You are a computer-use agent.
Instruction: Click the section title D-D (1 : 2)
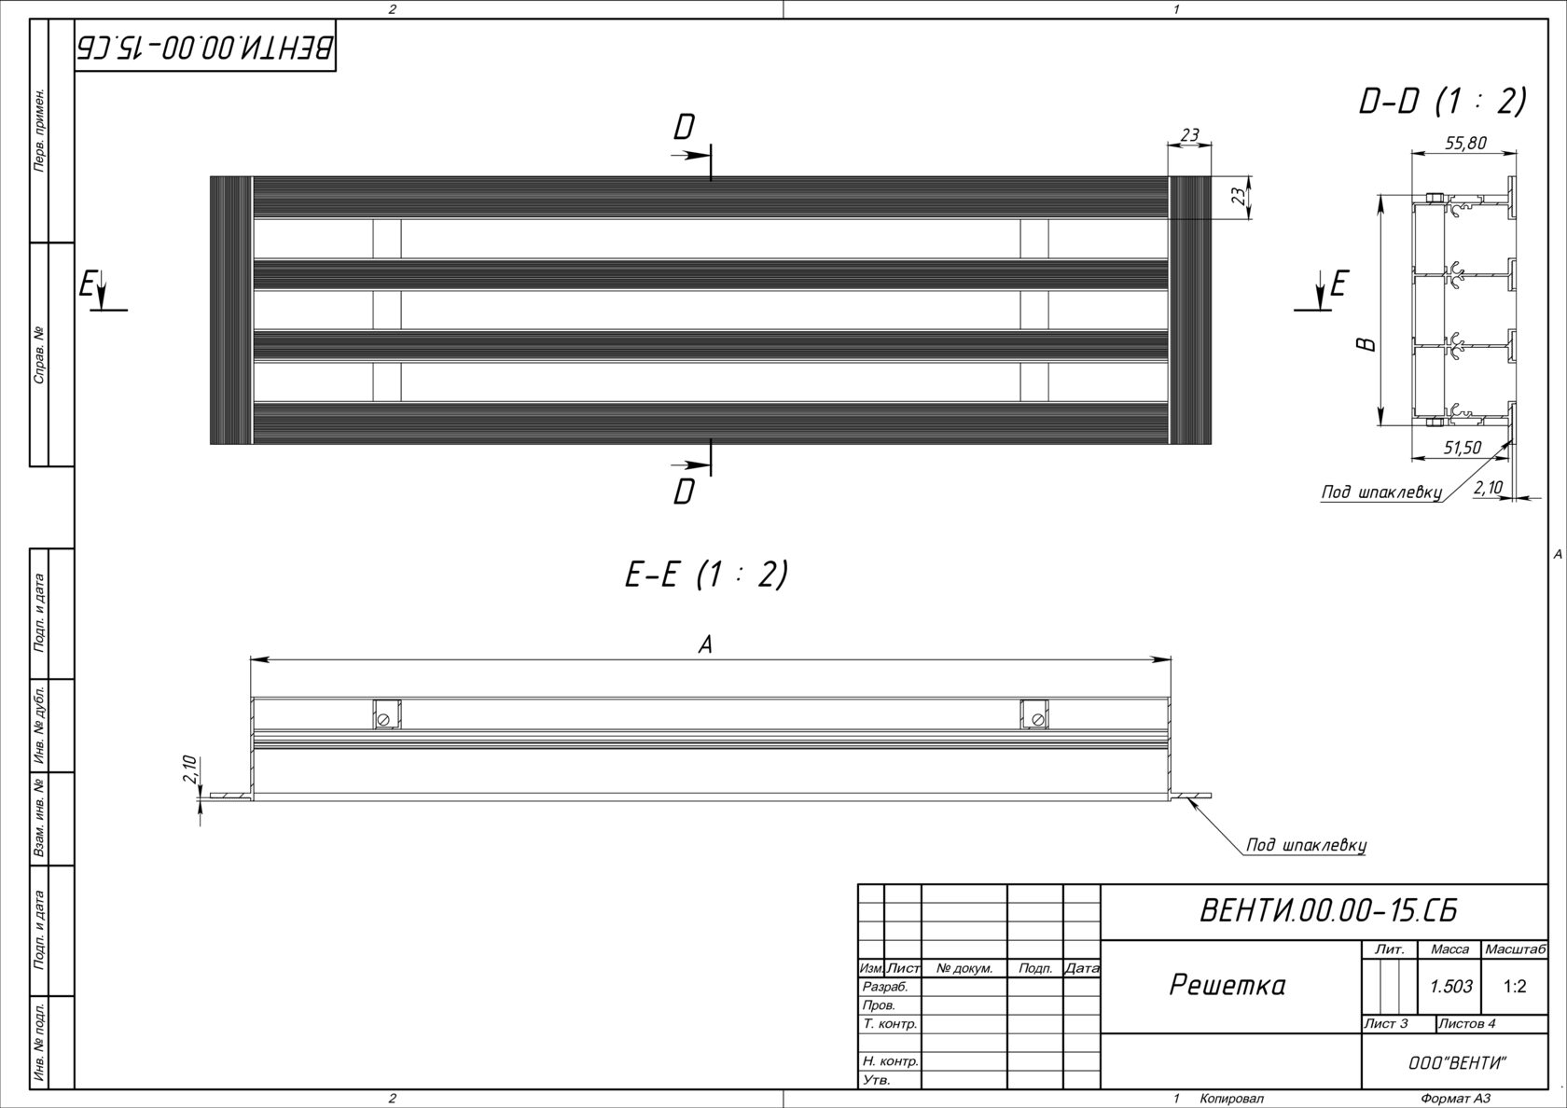pyautogui.click(x=1442, y=102)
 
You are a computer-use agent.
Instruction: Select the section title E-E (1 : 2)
pyautogui.click(x=706, y=575)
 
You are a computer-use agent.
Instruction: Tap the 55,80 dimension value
pyautogui.click(x=1465, y=143)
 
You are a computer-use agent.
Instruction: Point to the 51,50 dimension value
pyautogui.click(x=1462, y=448)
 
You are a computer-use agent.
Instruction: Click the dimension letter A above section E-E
pyautogui.click(x=706, y=644)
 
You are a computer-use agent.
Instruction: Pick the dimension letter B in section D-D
pyautogui.click(x=1366, y=344)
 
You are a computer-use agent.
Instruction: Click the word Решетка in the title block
pyautogui.click(x=1227, y=985)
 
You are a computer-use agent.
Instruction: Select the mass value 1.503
pyautogui.click(x=1450, y=987)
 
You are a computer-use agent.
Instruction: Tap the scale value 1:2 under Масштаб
pyautogui.click(x=1515, y=987)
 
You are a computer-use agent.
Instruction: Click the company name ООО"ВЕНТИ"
pyautogui.click(x=1457, y=1063)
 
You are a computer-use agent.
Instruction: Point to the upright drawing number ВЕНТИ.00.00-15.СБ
pyautogui.click(x=1328, y=911)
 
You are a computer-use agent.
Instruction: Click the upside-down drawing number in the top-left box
pyautogui.click(x=204, y=48)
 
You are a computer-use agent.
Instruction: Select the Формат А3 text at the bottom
pyautogui.click(x=1456, y=1099)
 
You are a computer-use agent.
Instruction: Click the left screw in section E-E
pyautogui.click(x=383, y=719)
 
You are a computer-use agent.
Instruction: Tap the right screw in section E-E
pyautogui.click(x=1036, y=719)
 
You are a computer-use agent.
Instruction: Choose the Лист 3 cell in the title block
pyautogui.click(x=1387, y=1024)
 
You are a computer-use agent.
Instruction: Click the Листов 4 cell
pyautogui.click(x=1467, y=1024)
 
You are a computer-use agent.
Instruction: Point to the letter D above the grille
pyautogui.click(x=685, y=129)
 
